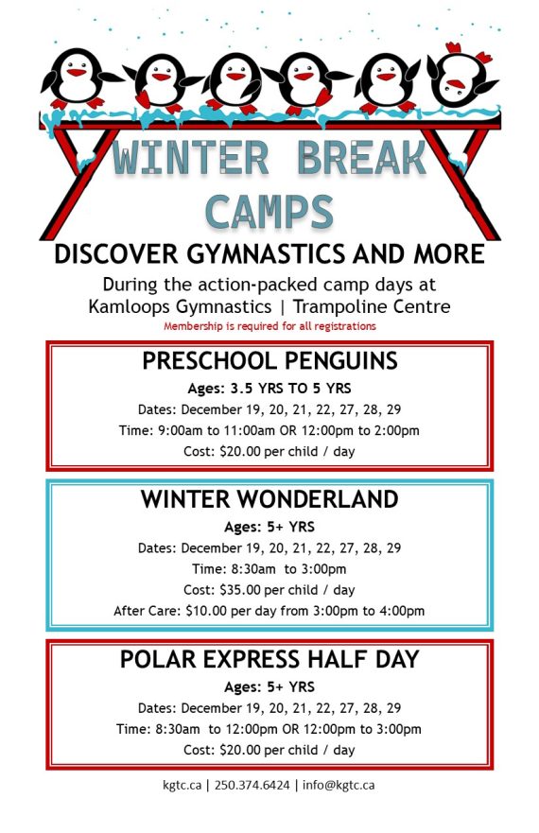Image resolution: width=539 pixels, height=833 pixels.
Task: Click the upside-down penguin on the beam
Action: point(461,79)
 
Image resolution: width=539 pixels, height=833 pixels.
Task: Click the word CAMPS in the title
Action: point(269,211)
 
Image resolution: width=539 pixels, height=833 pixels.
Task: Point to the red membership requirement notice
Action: point(269,326)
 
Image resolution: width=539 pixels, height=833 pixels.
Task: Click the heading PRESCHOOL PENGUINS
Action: point(269,361)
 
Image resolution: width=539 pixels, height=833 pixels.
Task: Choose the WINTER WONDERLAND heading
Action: point(269,499)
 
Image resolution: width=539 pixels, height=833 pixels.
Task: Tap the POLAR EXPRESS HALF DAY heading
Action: point(269,659)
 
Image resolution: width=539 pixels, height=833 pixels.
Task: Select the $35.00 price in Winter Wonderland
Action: point(243,589)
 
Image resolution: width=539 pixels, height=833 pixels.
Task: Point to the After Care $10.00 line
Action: point(269,610)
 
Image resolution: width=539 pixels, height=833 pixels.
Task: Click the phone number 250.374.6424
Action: point(252,785)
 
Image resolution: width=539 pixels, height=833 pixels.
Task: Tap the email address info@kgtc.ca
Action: point(339,785)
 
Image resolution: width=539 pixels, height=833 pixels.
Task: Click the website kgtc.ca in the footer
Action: point(181,785)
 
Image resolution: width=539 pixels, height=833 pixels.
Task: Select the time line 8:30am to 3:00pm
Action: point(269,568)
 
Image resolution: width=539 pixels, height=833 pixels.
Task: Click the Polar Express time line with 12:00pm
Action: point(269,729)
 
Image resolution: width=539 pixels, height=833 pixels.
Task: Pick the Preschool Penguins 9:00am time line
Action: point(269,430)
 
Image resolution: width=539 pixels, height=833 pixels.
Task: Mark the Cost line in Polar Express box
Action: point(269,750)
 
